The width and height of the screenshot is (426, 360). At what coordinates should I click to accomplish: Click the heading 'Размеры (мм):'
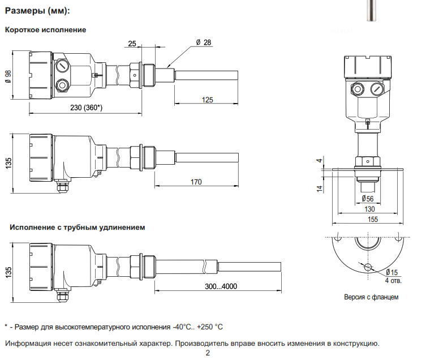(x=37, y=11)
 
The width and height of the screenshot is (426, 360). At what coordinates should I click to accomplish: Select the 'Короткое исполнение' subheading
(x=45, y=29)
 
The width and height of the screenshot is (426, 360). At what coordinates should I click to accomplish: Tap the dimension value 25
(x=132, y=44)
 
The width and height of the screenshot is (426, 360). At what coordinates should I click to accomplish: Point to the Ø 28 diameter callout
(x=204, y=42)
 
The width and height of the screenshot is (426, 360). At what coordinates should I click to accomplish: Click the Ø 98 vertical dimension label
(x=8, y=76)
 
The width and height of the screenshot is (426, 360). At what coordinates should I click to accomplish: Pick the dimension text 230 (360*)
(x=87, y=108)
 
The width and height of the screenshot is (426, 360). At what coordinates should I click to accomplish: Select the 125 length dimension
(x=207, y=100)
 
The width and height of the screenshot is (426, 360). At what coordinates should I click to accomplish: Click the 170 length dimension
(x=196, y=182)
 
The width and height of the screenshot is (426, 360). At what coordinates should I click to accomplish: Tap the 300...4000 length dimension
(x=221, y=286)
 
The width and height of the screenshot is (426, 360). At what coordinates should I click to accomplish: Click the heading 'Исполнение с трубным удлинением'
(x=78, y=228)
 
